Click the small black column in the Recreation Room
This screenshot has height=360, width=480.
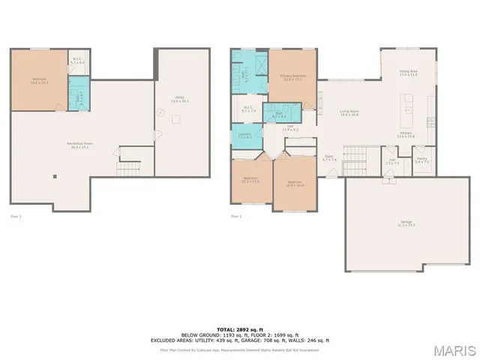pos(55,177)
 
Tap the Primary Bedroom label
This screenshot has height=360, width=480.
pos(292,77)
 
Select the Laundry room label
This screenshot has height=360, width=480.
pos(245,136)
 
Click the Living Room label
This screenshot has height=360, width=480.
pos(349,113)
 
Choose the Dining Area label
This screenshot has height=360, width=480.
pos(408,73)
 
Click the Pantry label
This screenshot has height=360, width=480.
pos(421,161)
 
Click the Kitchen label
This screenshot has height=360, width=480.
pos(406,135)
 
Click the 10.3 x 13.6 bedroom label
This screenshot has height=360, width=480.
pos(250,181)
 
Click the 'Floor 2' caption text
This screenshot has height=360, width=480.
pos(237,217)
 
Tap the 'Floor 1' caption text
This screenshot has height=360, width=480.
pos(16,217)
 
